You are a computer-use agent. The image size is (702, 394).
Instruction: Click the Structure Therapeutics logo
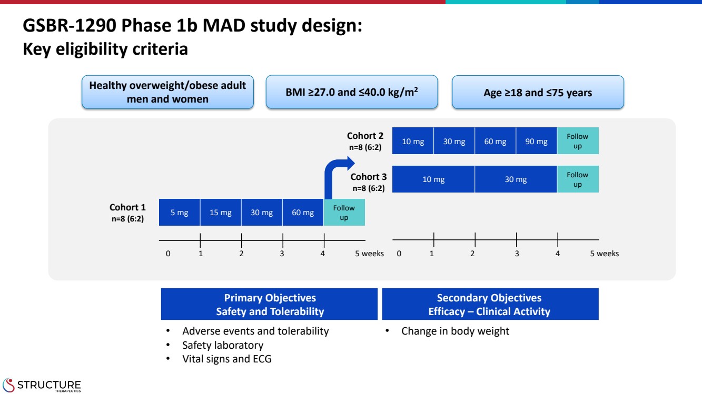click(42, 385)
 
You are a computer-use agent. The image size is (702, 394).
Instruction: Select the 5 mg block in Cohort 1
click(180, 213)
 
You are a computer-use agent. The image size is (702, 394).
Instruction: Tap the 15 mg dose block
click(221, 213)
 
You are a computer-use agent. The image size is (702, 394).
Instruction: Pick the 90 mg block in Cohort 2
click(536, 141)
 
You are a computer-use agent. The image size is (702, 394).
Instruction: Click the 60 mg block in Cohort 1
click(303, 213)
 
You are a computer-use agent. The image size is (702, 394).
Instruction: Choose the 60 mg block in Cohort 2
click(495, 141)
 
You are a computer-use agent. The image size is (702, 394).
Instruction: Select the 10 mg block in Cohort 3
click(433, 179)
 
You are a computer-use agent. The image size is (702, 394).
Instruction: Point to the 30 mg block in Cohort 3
click(516, 179)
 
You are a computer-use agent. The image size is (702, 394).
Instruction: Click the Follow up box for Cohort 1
click(344, 213)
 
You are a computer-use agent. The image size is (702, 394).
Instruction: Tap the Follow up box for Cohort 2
click(578, 141)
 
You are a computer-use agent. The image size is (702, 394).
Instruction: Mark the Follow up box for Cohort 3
click(578, 179)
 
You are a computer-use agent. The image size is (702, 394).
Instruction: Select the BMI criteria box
click(351, 93)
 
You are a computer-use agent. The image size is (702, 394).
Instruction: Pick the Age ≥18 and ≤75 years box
click(538, 93)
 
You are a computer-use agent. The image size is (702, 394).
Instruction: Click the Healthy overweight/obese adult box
click(167, 93)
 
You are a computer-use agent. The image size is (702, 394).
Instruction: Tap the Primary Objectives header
click(270, 305)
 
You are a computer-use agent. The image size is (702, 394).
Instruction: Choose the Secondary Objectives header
click(489, 305)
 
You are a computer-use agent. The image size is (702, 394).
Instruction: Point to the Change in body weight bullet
click(455, 331)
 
